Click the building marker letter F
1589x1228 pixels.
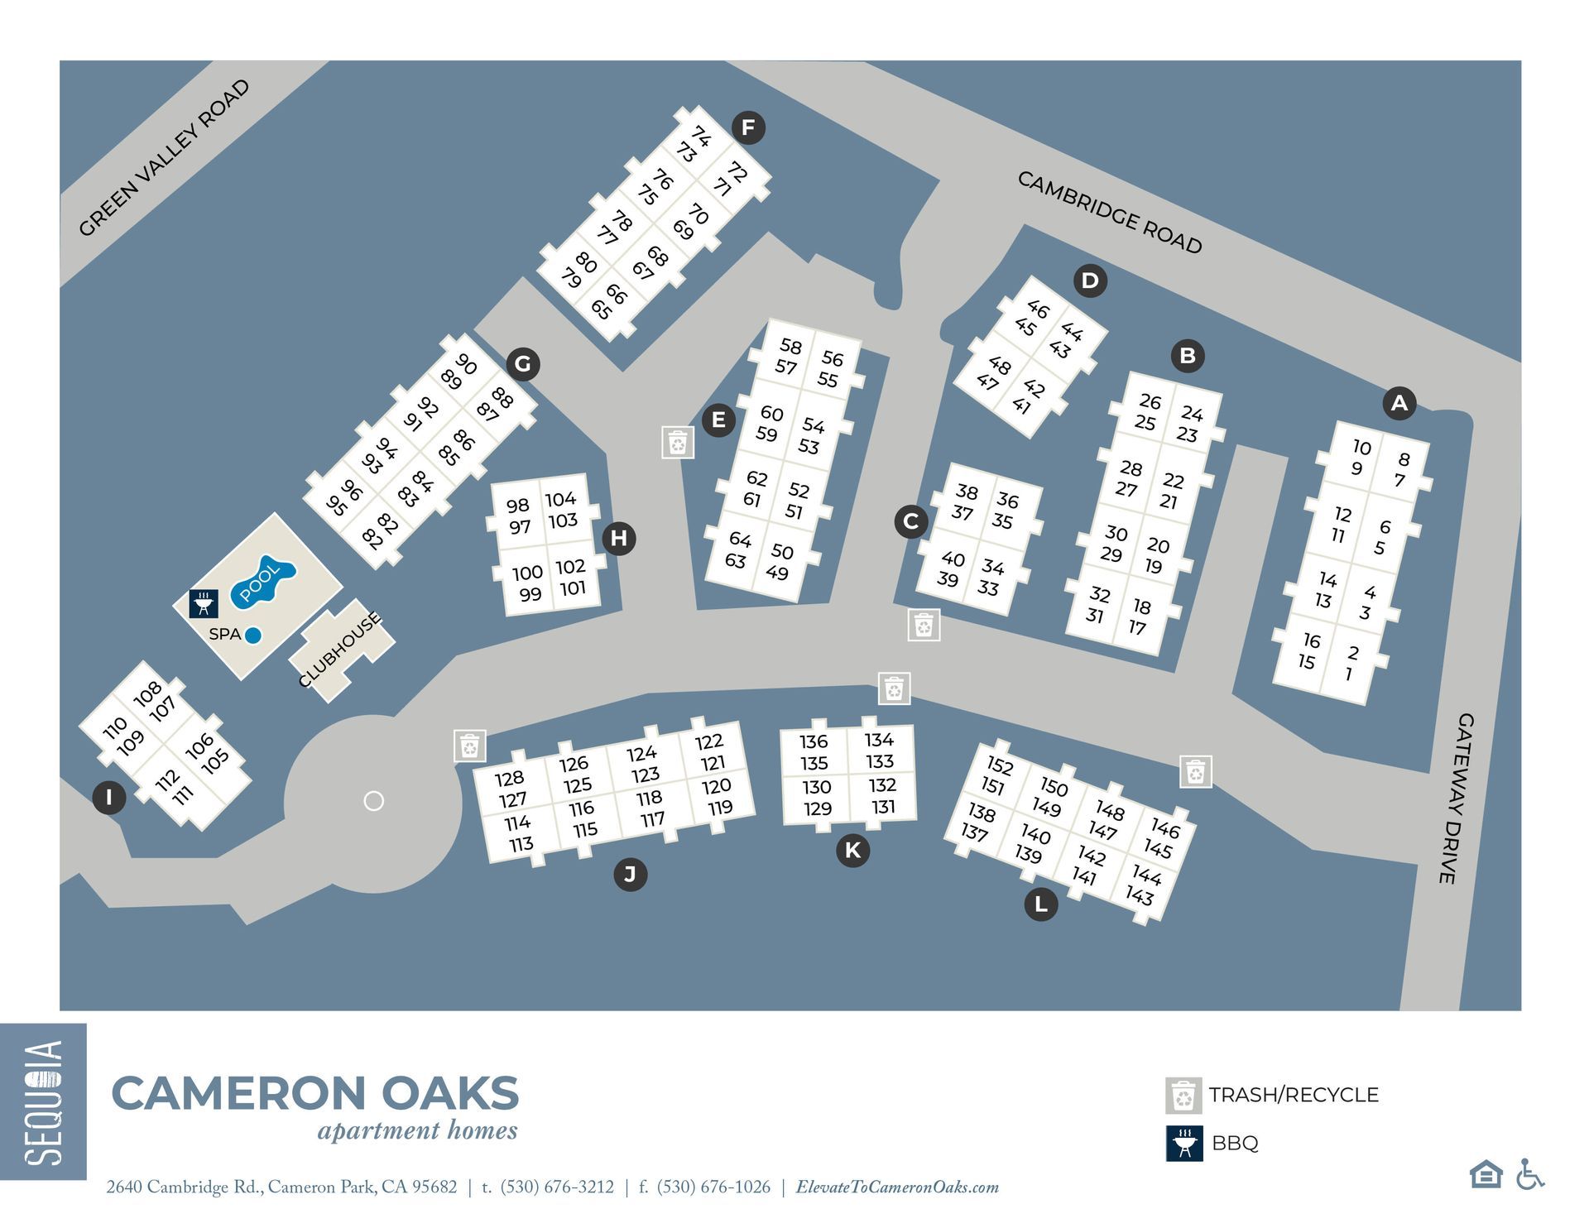(748, 127)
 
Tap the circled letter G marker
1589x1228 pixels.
(523, 364)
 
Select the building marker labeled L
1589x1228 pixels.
(1040, 904)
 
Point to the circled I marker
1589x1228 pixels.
(108, 798)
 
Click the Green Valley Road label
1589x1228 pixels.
(164, 157)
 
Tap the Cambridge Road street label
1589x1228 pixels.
(1109, 213)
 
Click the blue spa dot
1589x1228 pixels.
(253, 635)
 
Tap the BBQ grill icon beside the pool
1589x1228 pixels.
(204, 603)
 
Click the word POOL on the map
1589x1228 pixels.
(259, 582)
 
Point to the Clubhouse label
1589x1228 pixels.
(340, 650)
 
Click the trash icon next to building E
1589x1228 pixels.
(678, 443)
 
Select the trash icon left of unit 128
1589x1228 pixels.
(469, 746)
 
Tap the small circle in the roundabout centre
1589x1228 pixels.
(374, 801)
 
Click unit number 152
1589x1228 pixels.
(999, 765)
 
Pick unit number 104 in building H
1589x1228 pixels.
(560, 499)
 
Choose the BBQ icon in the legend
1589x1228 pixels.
(1184, 1144)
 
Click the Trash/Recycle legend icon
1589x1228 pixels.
(1183, 1096)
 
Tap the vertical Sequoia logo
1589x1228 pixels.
(43, 1101)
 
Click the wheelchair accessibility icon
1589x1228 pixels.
(1530, 1174)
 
